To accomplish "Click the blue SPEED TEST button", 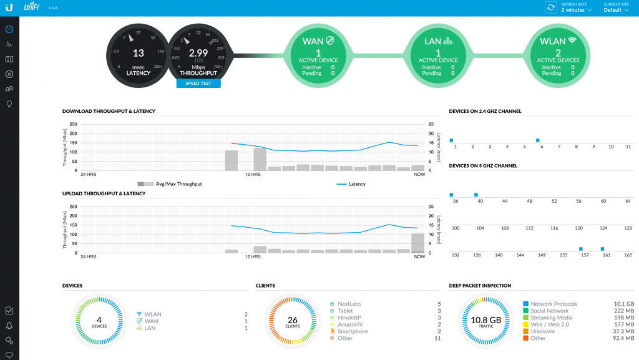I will pyautogui.click(x=198, y=83).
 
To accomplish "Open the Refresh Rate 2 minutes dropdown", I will pyautogui.click(x=576, y=10).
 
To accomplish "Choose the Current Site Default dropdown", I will pyautogui.click(x=617, y=10).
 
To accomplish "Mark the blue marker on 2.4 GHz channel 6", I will pyautogui.click(x=537, y=140).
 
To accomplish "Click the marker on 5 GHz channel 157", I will pyautogui.click(x=581, y=249).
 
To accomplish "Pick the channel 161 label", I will pyautogui.click(x=606, y=255).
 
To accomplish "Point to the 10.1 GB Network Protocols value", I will pyautogui.click(x=625, y=304).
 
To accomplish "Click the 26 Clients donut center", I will pyautogui.click(x=293, y=321).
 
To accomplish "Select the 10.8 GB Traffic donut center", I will pyautogui.click(x=486, y=321).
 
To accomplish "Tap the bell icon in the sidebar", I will pyautogui.click(x=9, y=325).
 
